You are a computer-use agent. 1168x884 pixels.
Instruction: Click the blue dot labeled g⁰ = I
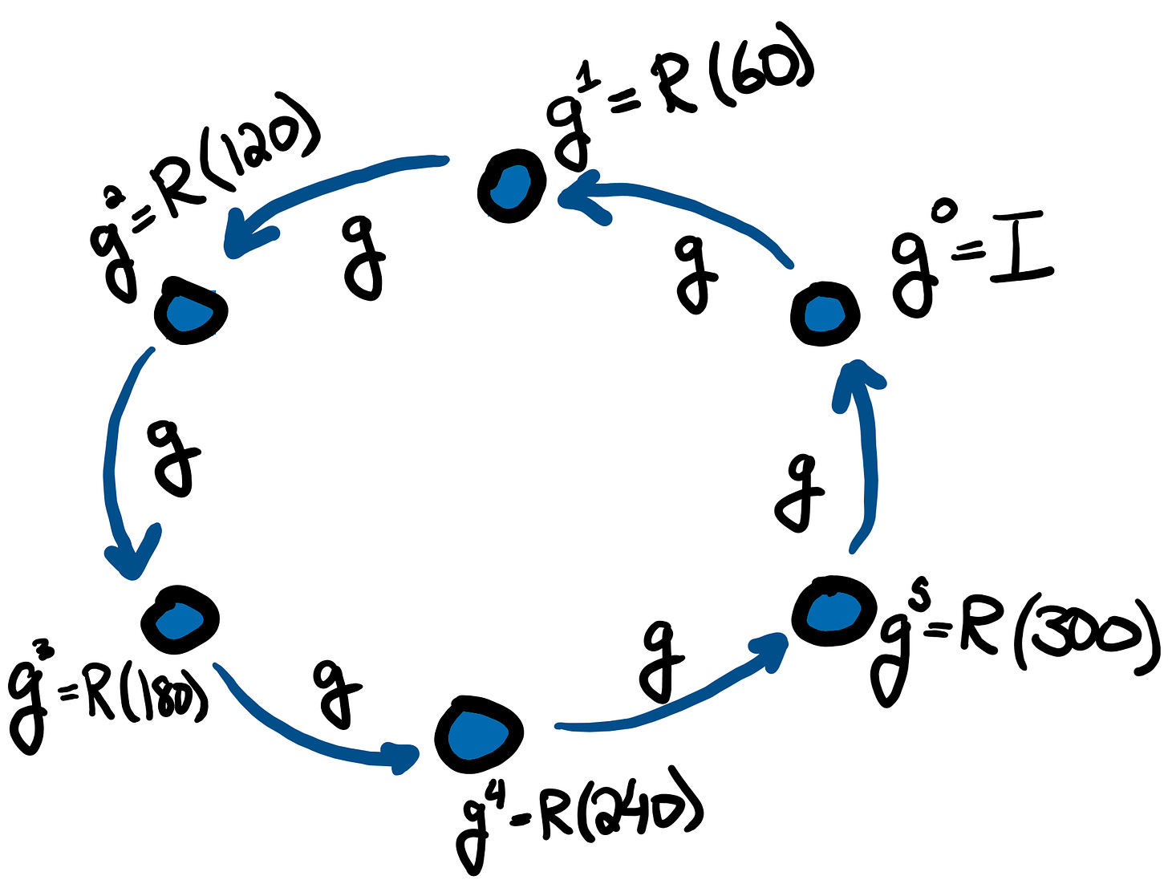(825, 314)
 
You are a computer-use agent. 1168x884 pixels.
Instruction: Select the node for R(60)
(511, 185)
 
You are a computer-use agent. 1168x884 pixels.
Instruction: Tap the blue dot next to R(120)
(190, 311)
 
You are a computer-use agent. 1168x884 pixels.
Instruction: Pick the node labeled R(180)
(180, 619)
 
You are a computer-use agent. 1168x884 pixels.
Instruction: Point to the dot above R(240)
(479, 733)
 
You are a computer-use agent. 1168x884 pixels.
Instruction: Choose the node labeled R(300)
(833, 611)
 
